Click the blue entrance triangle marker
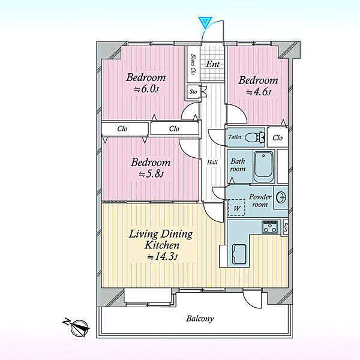coord(205,22)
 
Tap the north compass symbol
coord(77,327)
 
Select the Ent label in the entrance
coord(212,64)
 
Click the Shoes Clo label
coord(193,64)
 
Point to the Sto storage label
coord(193,92)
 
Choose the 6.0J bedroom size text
coord(147,89)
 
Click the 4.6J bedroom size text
coord(259,92)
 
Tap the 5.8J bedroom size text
coord(152,174)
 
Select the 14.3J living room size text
coord(163,256)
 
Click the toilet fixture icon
coord(255,138)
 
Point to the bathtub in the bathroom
coord(263,166)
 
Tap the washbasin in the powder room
coord(281,197)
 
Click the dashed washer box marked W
coord(236,208)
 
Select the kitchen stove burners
coord(270,227)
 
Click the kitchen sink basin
coord(239,254)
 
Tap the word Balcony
coord(200,319)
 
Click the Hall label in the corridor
coord(212,163)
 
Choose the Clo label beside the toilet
coord(277,137)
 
